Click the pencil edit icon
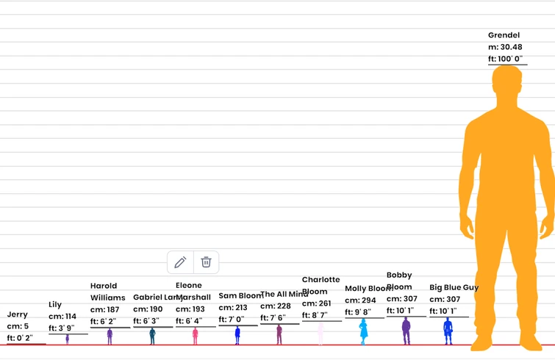[x=181, y=262]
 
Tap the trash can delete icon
[x=207, y=262]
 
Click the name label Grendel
[x=504, y=35]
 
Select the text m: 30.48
[x=505, y=47]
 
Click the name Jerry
[x=18, y=314]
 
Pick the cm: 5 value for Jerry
[x=18, y=326]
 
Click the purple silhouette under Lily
[x=68, y=339]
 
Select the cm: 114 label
[x=62, y=317]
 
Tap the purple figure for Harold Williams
[x=110, y=336]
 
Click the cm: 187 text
[x=104, y=310]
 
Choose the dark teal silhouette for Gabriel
[x=152, y=336]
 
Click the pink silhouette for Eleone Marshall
[x=195, y=336]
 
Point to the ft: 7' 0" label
[x=233, y=320]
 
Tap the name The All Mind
[x=284, y=295]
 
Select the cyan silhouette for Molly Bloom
[x=363, y=331]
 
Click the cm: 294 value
[x=360, y=300]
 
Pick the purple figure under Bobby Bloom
[x=406, y=331]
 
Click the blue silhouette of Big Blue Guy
[x=448, y=331]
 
